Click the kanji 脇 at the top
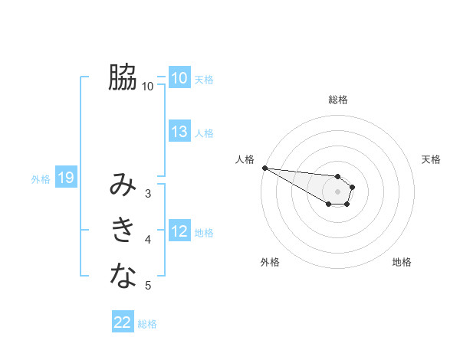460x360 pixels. pos(123,77)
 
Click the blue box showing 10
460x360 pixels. pos(179,77)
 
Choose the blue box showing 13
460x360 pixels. pos(179,132)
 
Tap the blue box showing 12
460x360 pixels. pos(179,231)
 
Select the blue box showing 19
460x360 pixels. pos(66,178)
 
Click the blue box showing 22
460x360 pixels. pos(123,322)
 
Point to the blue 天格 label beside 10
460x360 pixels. pos(204,79)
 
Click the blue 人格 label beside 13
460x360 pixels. pos(204,133)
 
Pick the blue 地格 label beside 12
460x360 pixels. pos(204,233)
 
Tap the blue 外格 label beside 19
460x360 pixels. pos(41,180)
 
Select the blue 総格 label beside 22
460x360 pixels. pos(147,324)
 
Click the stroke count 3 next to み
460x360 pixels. pos(148,194)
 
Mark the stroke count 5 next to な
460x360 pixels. pos(148,286)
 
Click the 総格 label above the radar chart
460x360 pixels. pos(338,100)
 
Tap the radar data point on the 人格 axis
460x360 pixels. pos(264,168)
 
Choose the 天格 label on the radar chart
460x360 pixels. pos(432,159)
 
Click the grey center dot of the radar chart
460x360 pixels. pos(338,191)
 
